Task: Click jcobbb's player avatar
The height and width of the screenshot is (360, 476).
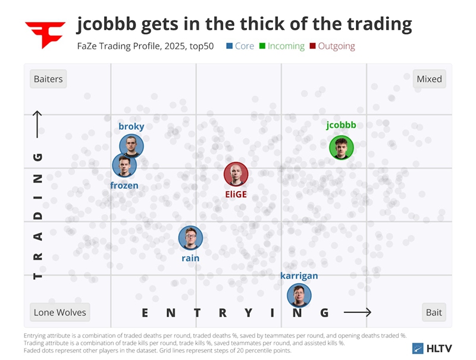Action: (342, 148)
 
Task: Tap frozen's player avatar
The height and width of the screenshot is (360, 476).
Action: (124, 165)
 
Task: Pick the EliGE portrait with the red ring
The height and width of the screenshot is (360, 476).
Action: (236, 174)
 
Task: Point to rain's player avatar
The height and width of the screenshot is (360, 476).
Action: (190, 238)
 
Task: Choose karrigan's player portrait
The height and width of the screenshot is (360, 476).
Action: (299, 295)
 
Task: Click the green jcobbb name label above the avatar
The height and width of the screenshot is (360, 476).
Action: (341, 126)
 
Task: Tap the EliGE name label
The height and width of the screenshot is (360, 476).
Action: (236, 194)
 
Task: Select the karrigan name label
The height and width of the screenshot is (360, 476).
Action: (299, 276)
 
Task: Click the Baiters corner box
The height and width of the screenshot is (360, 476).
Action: (48, 79)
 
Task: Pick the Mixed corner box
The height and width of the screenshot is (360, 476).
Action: (429, 79)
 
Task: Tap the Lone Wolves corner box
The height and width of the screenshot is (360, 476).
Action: (59, 312)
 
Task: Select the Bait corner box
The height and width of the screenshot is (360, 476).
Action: (434, 312)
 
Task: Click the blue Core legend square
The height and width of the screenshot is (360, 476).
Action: (230, 46)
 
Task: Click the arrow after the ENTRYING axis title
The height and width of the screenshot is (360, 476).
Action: (358, 312)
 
